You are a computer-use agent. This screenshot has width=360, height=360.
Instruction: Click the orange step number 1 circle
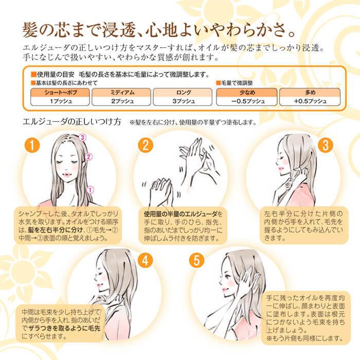[32, 145]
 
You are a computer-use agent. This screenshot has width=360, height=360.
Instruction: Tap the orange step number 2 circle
[146, 145]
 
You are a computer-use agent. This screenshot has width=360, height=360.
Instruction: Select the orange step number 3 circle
[326, 145]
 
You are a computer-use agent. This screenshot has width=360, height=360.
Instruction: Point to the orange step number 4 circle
[146, 260]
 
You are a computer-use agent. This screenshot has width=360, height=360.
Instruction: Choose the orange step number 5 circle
[196, 260]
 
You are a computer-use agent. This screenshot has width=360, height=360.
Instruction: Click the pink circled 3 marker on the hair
[82, 137]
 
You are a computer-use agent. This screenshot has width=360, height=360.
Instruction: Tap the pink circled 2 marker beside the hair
[88, 157]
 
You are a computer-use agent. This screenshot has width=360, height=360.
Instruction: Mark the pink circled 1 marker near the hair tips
[90, 190]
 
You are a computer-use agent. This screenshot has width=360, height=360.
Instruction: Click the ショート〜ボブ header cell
[60, 93]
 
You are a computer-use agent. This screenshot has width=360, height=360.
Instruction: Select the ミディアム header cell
[121, 93]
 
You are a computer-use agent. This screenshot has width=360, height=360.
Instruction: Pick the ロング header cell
[183, 93]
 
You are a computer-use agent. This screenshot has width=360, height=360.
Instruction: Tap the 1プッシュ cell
[60, 101]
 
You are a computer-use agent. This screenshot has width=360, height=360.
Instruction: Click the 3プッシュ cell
[183, 101]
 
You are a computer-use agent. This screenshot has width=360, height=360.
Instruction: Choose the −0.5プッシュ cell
[247, 101]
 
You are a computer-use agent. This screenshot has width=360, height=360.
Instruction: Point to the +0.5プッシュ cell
[310, 101]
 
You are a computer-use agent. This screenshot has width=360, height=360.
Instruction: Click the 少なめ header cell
[247, 93]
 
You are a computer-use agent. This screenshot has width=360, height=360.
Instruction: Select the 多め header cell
[310, 93]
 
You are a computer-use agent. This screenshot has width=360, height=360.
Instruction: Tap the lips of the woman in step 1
[67, 174]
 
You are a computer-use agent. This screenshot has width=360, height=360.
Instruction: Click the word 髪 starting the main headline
[30, 29]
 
